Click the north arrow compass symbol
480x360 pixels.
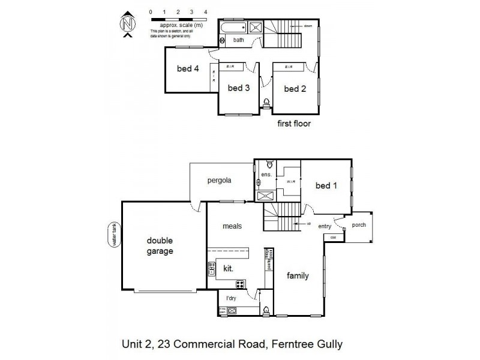(x=127, y=25)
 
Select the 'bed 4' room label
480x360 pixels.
(x=187, y=69)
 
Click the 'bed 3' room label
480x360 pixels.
(x=239, y=88)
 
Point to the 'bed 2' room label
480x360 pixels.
(x=295, y=89)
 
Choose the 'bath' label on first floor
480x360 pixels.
(x=239, y=40)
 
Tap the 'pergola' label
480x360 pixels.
(x=220, y=180)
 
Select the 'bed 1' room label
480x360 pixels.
(x=326, y=185)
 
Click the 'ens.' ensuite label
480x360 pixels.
(x=267, y=175)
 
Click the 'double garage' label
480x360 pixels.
(x=160, y=246)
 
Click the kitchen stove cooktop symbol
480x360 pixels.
(x=241, y=284)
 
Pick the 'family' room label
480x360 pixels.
(x=298, y=276)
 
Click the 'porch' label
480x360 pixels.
(x=359, y=226)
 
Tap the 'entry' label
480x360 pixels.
(x=325, y=226)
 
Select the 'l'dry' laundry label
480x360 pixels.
(x=231, y=298)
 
